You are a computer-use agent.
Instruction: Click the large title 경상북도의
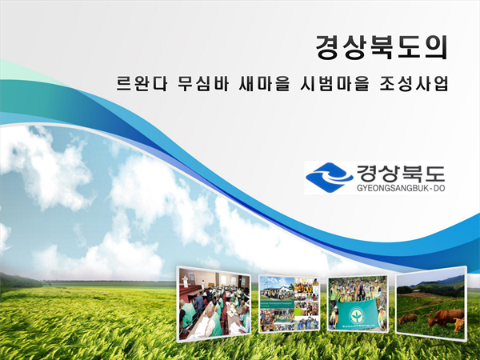pyautogui.click(x=382, y=47)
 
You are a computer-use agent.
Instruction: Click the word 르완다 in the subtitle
pyautogui.click(x=142, y=83)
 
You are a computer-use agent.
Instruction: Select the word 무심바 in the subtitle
pyautogui.click(x=203, y=83)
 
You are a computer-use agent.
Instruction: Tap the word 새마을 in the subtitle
pyautogui.click(x=264, y=83)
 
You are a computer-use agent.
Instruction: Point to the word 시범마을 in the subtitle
pyautogui.click(x=334, y=83)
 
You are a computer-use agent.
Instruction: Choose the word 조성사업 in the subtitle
pyautogui.click(x=414, y=83)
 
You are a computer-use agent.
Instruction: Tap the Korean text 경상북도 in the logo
pyautogui.click(x=401, y=174)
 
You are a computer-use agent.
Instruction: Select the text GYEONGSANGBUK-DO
pyautogui.click(x=401, y=188)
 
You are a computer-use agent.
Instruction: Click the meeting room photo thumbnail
pyautogui.click(x=214, y=304)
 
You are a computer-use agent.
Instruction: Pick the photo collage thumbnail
pyautogui.click(x=289, y=303)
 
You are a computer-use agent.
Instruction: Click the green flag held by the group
pyautogui.click(x=357, y=314)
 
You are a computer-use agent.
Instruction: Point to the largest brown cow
pyautogui.click(x=446, y=317)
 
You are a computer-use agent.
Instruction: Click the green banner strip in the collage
pyautogui.click(x=277, y=305)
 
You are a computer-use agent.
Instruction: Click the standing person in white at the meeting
pyautogui.click(x=186, y=281)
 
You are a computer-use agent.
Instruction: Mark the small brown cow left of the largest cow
pyautogui.click(x=407, y=318)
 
